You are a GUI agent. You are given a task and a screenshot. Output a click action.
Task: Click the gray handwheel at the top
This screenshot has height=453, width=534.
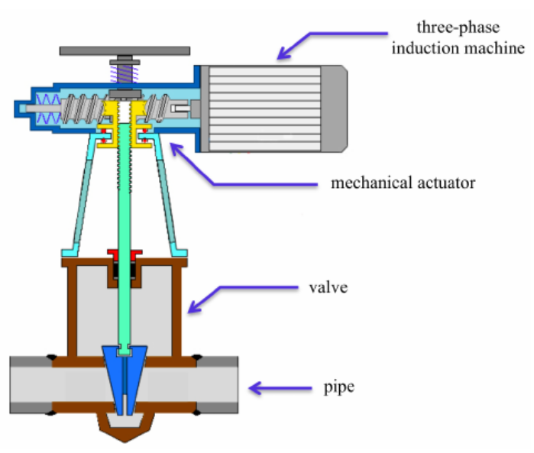pyautogui.click(x=124, y=50)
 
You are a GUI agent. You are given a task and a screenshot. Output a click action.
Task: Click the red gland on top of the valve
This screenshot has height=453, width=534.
pyautogui.click(x=124, y=253)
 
